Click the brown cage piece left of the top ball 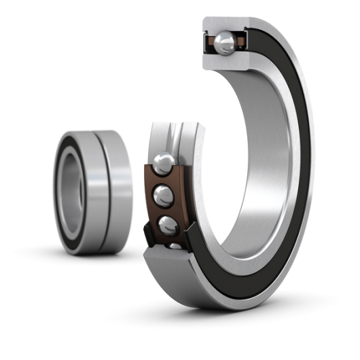tap(212, 44)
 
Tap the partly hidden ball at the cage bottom tap(175, 246)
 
